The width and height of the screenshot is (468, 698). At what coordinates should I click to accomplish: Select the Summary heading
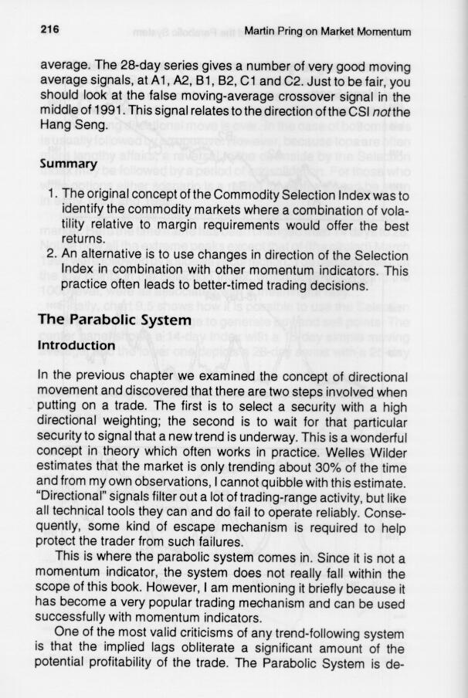coord(67,164)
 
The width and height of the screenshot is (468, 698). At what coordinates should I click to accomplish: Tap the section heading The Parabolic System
coord(114,320)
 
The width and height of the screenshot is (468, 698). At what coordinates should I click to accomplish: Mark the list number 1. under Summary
coord(49,191)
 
